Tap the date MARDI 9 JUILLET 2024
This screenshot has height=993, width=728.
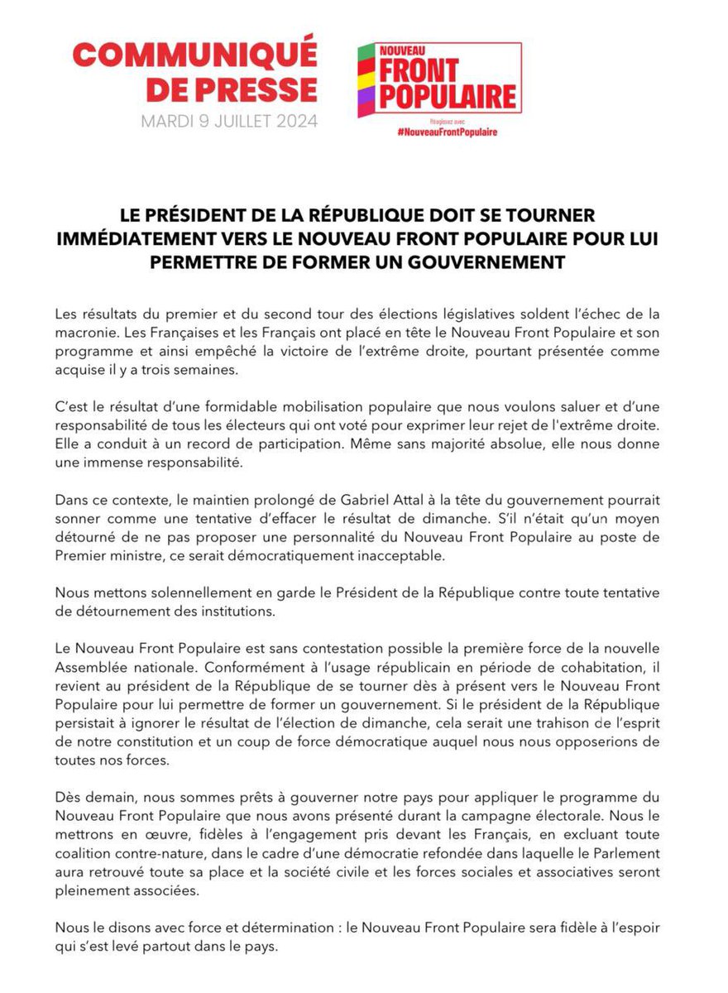coord(229,121)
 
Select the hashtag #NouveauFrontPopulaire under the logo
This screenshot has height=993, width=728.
coord(447,132)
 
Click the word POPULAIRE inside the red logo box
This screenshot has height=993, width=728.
coord(448,96)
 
